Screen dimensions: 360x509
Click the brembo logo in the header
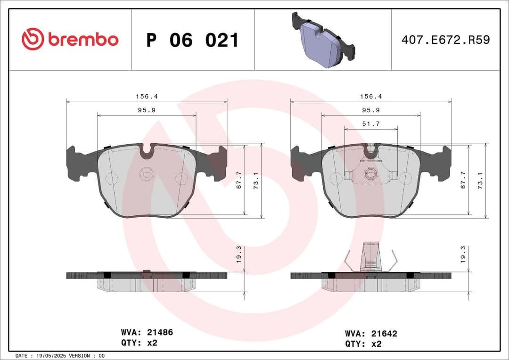pyautogui.click(x=70, y=40)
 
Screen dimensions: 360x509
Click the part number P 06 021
pyautogui.click(x=192, y=41)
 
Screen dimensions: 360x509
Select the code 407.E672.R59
pyautogui.click(x=445, y=40)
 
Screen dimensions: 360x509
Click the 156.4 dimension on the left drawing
pyautogui.click(x=147, y=96)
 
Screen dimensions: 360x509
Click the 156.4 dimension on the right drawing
pyautogui.click(x=371, y=96)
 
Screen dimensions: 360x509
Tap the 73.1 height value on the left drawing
pyautogui.click(x=256, y=180)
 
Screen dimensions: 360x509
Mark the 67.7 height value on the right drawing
pyautogui.click(x=463, y=180)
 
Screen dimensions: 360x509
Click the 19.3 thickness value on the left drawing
pyautogui.click(x=239, y=254)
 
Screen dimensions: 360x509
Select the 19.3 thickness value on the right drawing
pyautogui.click(x=463, y=254)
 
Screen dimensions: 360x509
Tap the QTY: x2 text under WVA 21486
pyautogui.click(x=139, y=343)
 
